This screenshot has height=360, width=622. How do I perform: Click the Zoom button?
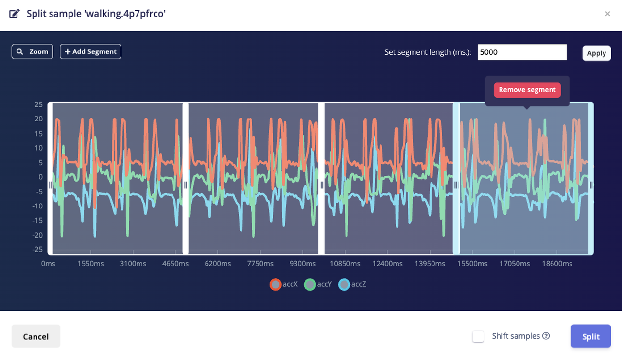[x=32, y=51]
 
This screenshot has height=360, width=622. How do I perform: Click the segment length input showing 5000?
[x=522, y=52]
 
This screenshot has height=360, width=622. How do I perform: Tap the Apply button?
[x=596, y=53]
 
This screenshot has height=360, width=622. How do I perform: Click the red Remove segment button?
[x=527, y=90]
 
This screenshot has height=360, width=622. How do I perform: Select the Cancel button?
[x=36, y=336]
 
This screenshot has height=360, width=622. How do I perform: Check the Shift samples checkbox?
[x=479, y=336]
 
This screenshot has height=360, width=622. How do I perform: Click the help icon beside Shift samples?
[x=546, y=336]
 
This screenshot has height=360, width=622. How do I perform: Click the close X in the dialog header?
[x=607, y=14]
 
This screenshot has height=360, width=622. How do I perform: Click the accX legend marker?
[x=276, y=284]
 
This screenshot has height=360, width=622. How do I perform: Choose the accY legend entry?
[x=318, y=284]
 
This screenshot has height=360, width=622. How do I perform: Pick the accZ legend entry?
[x=353, y=284]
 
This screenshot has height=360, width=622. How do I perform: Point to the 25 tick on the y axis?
[x=38, y=104]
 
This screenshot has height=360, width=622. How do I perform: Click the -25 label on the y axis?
[x=37, y=249]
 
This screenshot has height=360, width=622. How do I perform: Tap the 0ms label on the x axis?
[x=48, y=264]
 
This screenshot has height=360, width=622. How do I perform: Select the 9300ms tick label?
[x=302, y=264]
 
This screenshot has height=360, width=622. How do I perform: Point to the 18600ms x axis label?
[x=557, y=264]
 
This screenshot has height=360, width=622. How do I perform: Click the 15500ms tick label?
[x=472, y=264]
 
